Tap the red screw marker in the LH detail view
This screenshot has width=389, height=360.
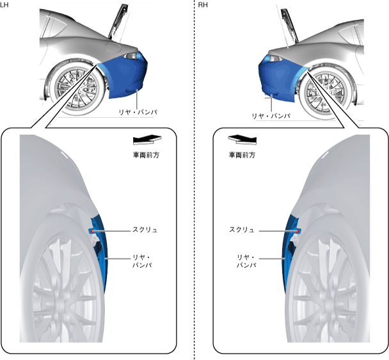click(93, 229)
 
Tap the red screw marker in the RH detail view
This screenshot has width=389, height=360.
click(298, 229)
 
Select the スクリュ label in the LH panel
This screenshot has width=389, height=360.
click(144, 229)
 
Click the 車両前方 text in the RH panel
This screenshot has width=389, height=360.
click(242, 154)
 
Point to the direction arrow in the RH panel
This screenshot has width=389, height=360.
click(241, 139)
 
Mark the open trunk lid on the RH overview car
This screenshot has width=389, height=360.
click(285, 22)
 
